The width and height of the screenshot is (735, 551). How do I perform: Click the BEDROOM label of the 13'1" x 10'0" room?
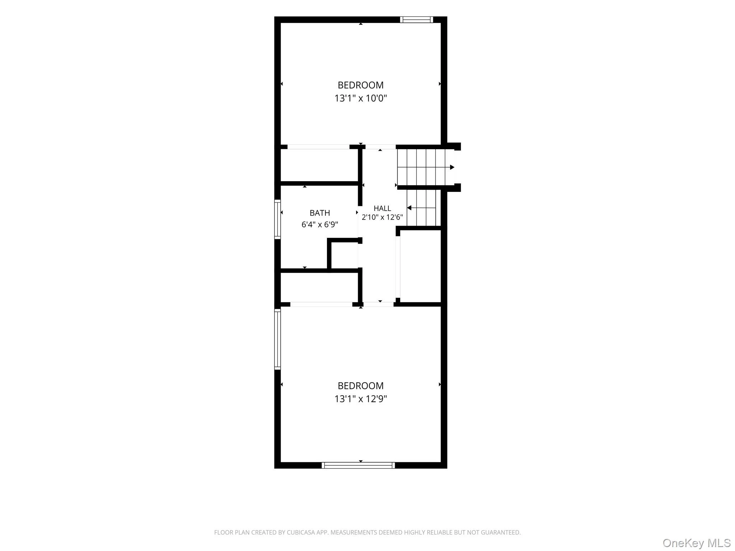(x=360, y=85)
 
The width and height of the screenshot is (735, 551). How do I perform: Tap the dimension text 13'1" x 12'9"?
(x=360, y=399)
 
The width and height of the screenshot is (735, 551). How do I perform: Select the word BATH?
(x=320, y=213)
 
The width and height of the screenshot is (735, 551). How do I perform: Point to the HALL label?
(x=382, y=208)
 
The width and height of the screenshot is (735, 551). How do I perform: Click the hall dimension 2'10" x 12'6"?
(x=382, y=217)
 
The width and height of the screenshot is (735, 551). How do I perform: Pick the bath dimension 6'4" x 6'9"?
(x=320, y=225)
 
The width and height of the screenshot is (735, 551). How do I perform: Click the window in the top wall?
(x=416, y=20)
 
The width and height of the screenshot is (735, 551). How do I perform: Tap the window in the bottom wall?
(x=358, y=465)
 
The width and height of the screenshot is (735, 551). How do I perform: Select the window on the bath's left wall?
(x=277, y=219)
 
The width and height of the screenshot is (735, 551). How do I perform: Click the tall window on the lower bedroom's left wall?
(x=277, y=339)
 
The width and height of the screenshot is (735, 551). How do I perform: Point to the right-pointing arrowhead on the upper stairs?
(x=452, y=167)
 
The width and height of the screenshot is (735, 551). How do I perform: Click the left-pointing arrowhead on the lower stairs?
(x=409, y=208)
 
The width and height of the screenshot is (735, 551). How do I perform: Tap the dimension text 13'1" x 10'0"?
(x=360, y=98)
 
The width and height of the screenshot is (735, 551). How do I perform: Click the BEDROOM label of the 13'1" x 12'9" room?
(x=360, y=386)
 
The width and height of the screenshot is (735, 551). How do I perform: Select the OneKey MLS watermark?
(x=697, y=543)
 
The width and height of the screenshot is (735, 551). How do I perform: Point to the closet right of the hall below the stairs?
(x=420, y=266)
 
